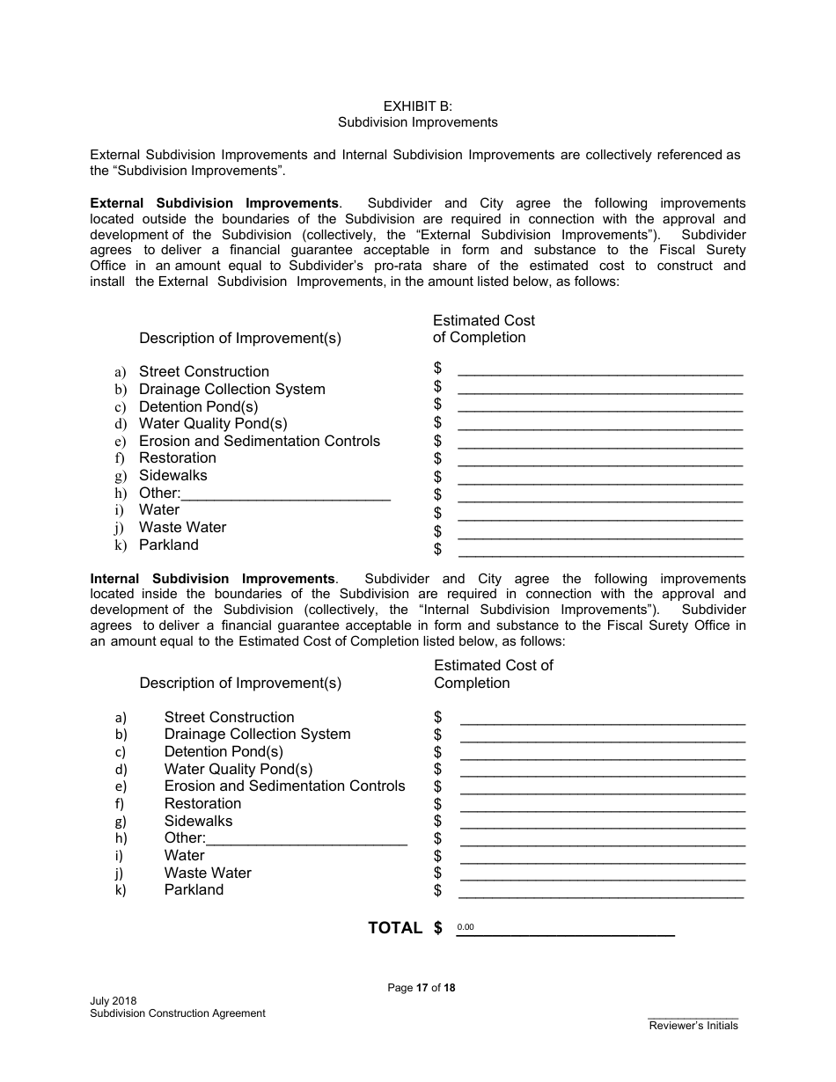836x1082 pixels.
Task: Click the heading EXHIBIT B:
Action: [417, 106]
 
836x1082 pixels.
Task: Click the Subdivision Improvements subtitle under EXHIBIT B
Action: [417, 122]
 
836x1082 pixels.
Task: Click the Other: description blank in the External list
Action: [285, 493]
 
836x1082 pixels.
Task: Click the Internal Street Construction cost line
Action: [602, 716]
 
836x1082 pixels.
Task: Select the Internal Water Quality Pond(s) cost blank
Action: [602, 769]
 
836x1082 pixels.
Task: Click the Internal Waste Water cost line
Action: [602, 873]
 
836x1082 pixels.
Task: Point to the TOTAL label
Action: [394, 928]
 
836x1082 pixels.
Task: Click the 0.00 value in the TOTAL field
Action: [466, 928]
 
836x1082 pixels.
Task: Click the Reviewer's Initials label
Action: [693, 1026]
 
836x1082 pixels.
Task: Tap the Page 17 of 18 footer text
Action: [422, 988]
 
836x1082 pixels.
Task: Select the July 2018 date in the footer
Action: [113, 1001]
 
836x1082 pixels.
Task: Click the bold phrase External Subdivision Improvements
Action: [214, 203]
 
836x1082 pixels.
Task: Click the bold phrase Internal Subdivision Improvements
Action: [213, 579]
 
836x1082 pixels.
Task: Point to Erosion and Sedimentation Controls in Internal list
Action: [284, 786]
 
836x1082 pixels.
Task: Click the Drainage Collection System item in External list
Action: [231, 389]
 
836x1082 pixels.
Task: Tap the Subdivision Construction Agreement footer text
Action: [177, 1013]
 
